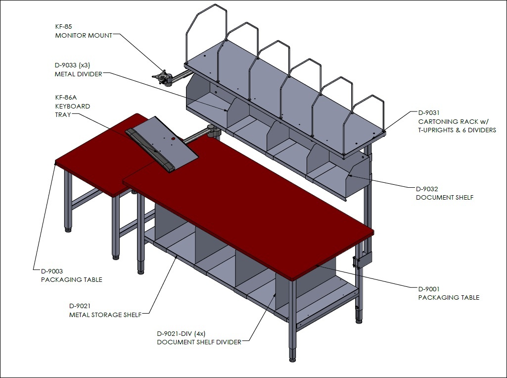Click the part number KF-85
(x=64, y=27)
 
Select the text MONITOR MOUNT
(x=84, y=35)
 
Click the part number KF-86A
(x=66, y=97)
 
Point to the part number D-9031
(x=429, y=113)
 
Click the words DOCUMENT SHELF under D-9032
(x=445, y=197)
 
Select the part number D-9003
(x=52, y=271)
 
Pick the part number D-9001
(x=429, y=289)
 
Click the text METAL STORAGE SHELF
(x=105, y=315)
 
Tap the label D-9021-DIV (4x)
(x=181, y=333)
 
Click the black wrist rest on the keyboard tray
(x=150, y=150)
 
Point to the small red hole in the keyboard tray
(x=173, y=139)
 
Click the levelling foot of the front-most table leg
(x=293, y=359)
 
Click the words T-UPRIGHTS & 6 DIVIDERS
(x=457, y=130)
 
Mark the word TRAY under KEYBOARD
(x=63, y=114)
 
